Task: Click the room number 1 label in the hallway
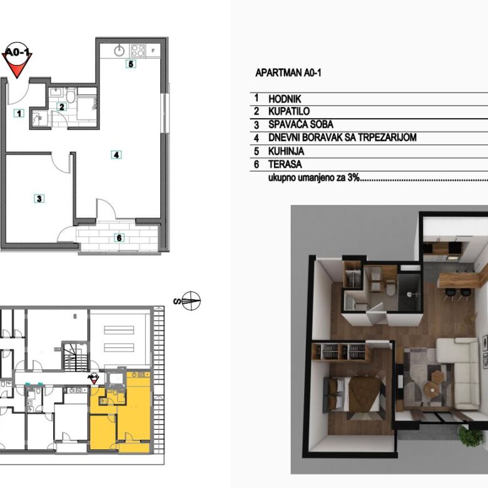(x=19, y=113)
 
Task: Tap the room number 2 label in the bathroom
(x=61, y=107)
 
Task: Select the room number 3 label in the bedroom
(x=39, y=198)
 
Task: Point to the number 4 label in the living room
(x=116, y=155)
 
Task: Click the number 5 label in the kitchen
(x=131, y=64)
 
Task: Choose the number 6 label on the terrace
(x=119, y=238)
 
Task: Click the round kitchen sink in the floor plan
(x=119, y=51)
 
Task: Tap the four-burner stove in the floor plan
(x=138, y=51)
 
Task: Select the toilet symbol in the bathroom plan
(x=71, y=96)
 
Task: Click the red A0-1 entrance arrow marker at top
(x=18, y=60)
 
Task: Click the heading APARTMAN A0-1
(x=288, y=73)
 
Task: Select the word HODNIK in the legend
(x=285, y=99)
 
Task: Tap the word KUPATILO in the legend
(x=289, y=111)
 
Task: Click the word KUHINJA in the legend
(x=287, y=151)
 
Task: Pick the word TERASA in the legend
(x=285, y=164)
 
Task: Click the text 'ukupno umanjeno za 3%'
(x=314, y=178)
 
